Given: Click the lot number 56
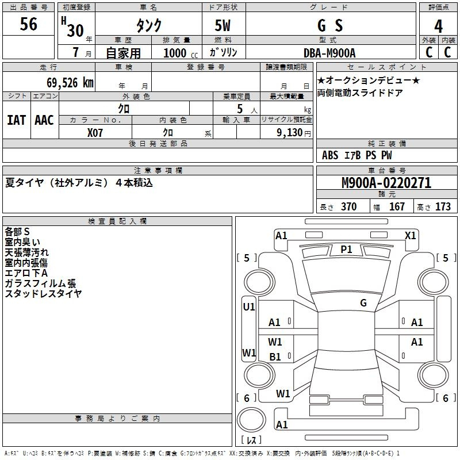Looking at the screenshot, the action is [x=28, y=24].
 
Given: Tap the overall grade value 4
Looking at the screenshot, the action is [x=438, y=26].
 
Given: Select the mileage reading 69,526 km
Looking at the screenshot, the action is [x=70, y=83].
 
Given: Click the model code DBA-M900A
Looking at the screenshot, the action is [x=329, y=53].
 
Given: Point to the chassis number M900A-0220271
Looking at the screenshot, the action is [x=386, y=183].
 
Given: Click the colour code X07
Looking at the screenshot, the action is [x=95, y=133].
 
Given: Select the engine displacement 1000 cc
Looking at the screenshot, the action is [x=181, y=53].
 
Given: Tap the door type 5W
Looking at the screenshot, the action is [x=223, y=25].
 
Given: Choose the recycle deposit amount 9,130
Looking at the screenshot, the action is [x=289, y=133].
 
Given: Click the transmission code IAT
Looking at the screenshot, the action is [x=17, y=120].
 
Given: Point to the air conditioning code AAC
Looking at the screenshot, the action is [x=44, y=120].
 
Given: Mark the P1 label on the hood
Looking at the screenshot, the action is [x=346, y=250].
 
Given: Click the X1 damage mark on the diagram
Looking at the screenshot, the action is [x=410, y=236].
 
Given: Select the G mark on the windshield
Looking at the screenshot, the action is [x=363, y=303].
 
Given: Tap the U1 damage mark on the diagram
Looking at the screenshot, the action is [x=249, y=307].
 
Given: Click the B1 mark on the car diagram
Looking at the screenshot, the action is [x=275, y=357].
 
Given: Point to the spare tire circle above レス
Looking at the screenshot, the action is [x=251, y=420].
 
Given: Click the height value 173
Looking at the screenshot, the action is [x=443, y=207].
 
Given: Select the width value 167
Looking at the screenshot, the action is [x=397, y=207].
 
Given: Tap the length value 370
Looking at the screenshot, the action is [x=349, y=207].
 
